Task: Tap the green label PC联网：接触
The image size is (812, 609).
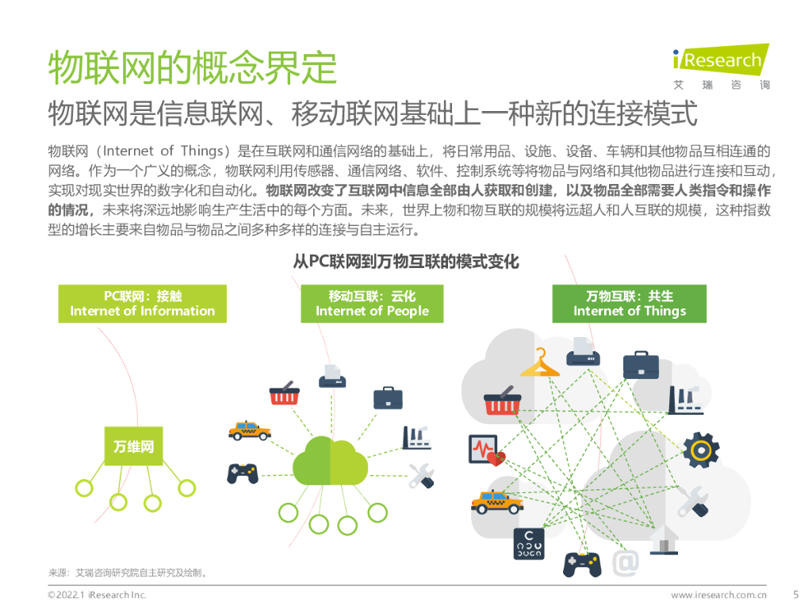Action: (142, 304)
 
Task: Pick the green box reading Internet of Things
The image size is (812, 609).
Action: (629, 304)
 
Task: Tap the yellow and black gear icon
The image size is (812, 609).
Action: (700, 449)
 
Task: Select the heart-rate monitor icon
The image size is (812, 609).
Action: (485, 450)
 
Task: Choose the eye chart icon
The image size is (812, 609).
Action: (528, 543)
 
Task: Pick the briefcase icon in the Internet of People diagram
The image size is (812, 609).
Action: (388, 397)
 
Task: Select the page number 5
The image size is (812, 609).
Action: (795, 594)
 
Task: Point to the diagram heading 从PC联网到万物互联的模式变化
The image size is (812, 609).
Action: (406, 261)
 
